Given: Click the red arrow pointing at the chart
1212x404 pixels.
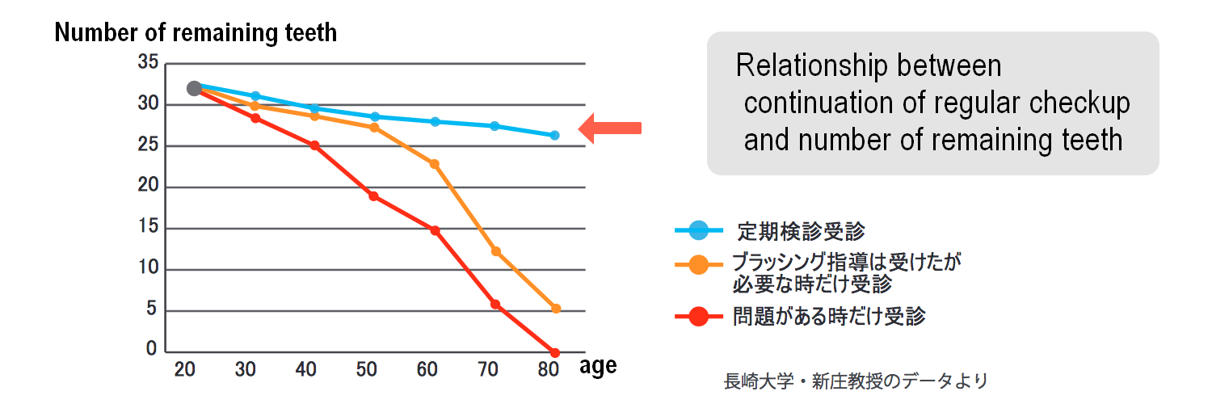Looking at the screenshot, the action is [610, 128].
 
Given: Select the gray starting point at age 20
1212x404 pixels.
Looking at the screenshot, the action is [194, 88].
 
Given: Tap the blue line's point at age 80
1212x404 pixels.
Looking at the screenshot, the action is [554, 135].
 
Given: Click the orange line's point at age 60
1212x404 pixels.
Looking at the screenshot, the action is [435, 164].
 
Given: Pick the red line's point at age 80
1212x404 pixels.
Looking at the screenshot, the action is [554, 352].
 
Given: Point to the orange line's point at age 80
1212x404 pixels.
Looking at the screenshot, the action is [556, 309].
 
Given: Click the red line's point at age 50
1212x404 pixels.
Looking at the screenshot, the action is [373, 196].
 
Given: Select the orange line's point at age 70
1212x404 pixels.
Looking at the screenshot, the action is [495, 251].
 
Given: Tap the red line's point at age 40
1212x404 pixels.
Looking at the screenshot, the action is [314, 145].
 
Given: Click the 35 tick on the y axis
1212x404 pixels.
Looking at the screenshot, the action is [148, 62].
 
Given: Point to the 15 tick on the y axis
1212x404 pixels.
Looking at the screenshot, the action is [148, 226].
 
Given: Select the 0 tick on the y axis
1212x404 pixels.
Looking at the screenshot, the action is [152, 348].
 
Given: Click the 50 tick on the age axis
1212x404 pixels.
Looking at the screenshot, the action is [366, 369].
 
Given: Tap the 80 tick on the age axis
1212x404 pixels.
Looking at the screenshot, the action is [548, 369].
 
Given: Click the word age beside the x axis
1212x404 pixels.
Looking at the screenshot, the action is [598, 367].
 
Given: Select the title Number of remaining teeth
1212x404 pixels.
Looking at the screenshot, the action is [196, 32].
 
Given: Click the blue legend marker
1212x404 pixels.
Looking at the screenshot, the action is [699, 230].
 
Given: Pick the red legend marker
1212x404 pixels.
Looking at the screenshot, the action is [699, 317].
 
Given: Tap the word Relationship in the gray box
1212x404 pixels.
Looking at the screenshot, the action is [811, 66].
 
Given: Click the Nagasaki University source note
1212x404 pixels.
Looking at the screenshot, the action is [856, 381].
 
